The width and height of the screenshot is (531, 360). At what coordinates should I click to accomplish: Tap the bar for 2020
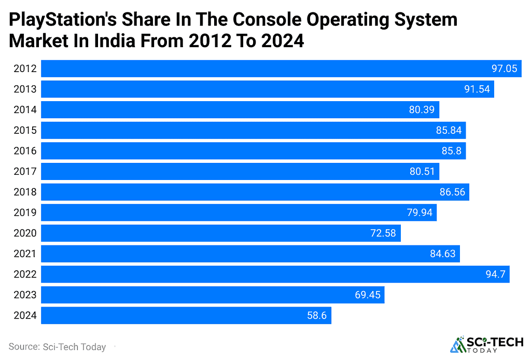pyautogui.click(x=221, y=233)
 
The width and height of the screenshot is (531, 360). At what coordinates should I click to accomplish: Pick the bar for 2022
pyautogui.click(x=275, y=274)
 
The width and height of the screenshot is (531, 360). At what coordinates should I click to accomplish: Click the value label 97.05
pyautogui.click(x=504, y=68)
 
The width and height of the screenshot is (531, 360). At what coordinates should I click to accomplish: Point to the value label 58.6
pyautogui.click(x=316, y=315)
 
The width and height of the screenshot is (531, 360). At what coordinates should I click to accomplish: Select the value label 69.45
pyautogui.click(x=368, y=295)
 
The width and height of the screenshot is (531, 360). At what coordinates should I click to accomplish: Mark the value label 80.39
pyautogui.click(x=422, y=109)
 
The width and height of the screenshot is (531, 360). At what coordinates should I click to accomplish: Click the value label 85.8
pyautogui.click(x=451, y=151)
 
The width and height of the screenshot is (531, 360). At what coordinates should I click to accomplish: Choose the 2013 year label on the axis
pyautogui.click(x=25, y=89)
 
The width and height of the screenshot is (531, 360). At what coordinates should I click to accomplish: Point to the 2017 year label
pyautogui.click(x=25, y=172)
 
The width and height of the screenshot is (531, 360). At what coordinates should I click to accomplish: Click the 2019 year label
pyautogui.click(x=25, y=213)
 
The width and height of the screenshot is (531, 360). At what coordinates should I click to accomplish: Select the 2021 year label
pyautogui.click(x=25, y=254)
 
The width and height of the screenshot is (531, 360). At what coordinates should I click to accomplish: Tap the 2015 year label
pyautogui.click(x=25, y=130)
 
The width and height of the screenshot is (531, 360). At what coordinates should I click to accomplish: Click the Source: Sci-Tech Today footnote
pyautogui.click(x=57, y=347)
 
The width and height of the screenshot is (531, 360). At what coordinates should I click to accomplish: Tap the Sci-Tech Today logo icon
pyautogui.click(x=458, y=345)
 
